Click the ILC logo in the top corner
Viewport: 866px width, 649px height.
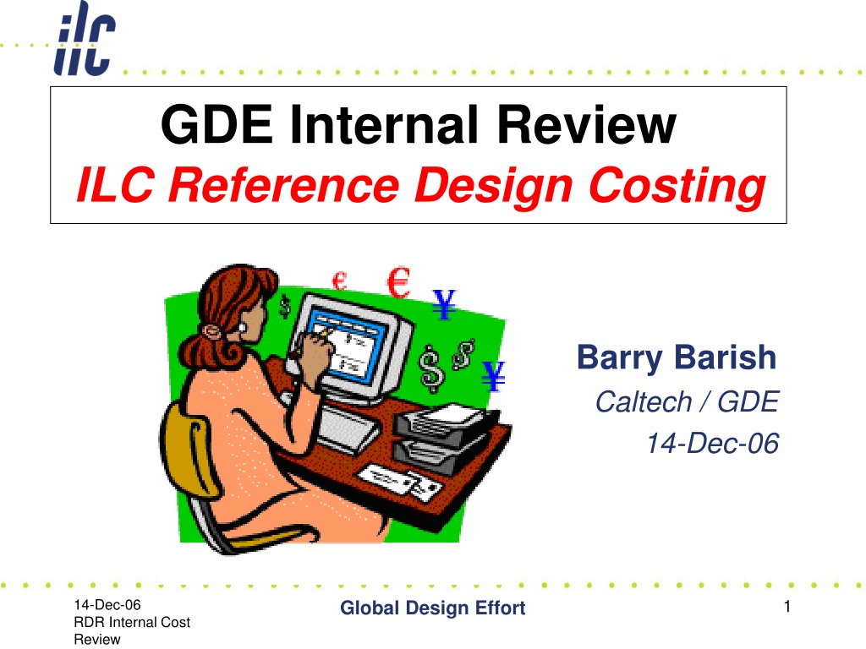[85, 38]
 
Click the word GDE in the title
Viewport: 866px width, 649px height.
[216, 124]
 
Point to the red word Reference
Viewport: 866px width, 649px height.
[283, 185]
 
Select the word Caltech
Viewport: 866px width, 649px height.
[644, 401]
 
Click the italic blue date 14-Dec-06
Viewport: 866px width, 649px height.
[712, 443]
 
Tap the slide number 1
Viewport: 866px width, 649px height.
[787, 607]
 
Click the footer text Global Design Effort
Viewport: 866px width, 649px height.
[432, 608]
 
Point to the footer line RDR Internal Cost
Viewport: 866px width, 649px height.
[132, 622]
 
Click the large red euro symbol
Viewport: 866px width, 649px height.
[398, 282]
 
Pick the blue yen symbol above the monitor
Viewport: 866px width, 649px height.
[444, 303]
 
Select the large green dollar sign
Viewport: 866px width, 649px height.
[431, 368]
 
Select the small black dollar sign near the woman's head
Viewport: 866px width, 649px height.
[284, 307]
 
